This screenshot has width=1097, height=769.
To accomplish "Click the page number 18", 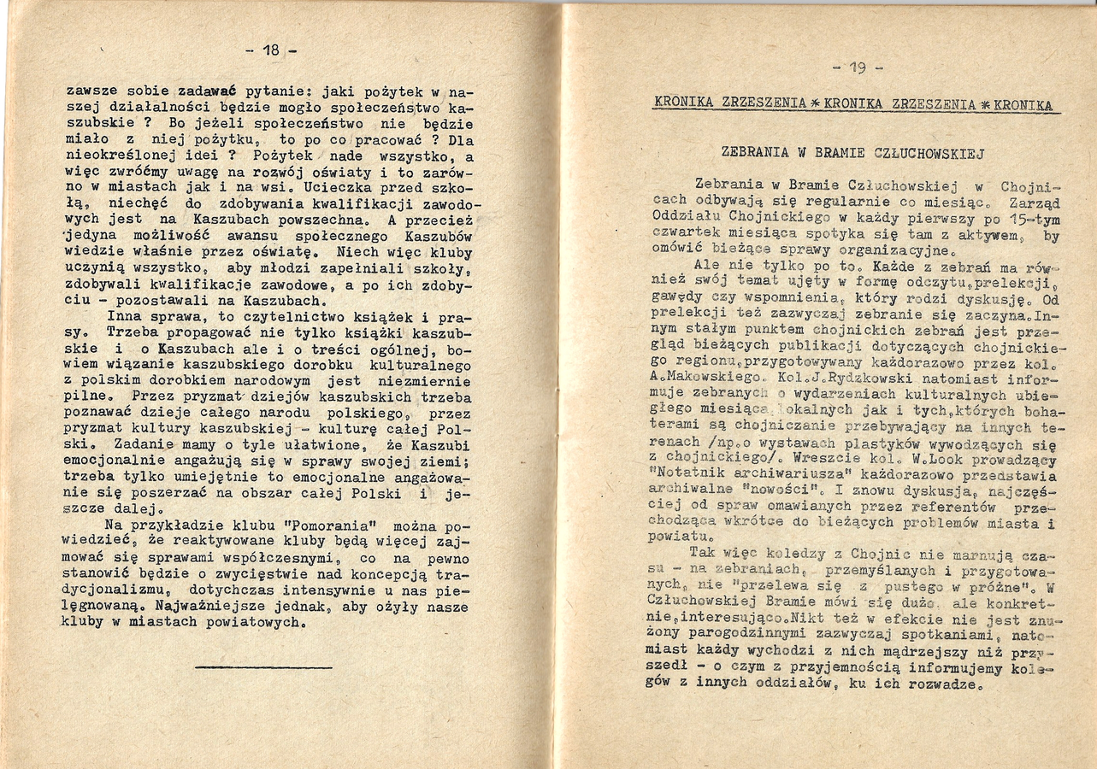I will [x=271, y=50].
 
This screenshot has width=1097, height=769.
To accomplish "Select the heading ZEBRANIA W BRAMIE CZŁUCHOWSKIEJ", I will [x=853, y=155].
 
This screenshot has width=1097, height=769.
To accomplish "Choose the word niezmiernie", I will [x=428, y=380].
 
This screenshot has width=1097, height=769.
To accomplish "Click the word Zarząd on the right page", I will [x=1035, y=203].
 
